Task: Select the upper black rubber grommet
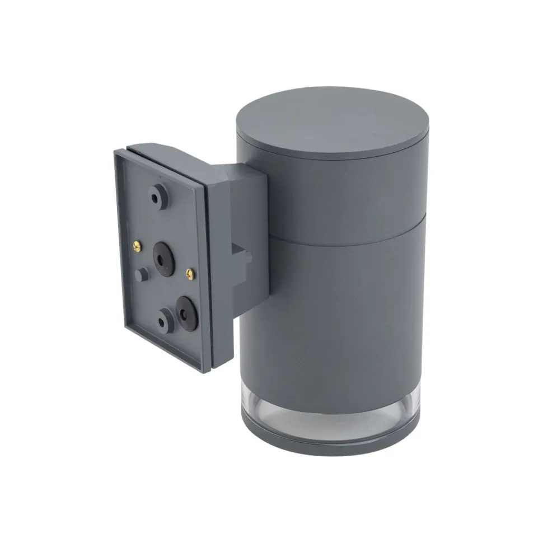tap(163, 255)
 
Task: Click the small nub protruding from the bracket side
tap(246, 258)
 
